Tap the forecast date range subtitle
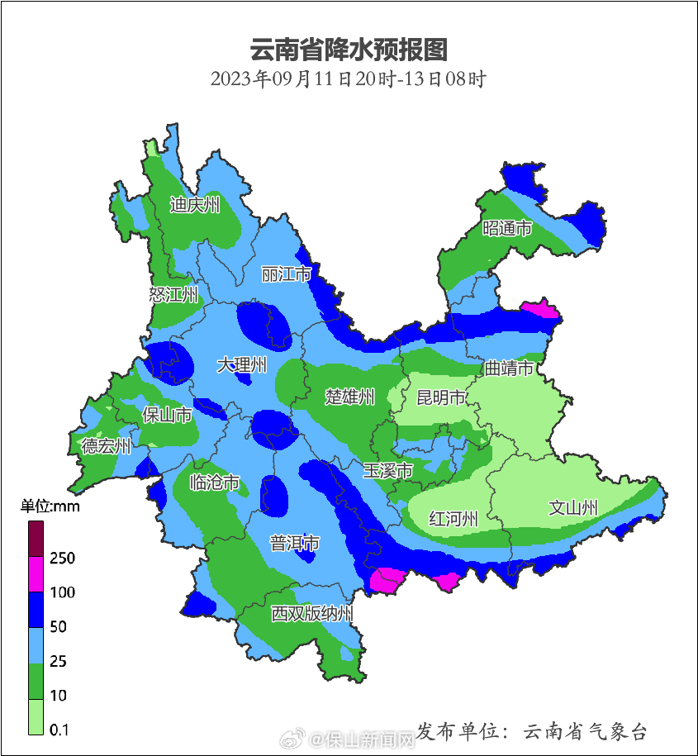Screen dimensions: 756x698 click(348, 79)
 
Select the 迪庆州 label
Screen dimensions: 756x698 click(195, 205)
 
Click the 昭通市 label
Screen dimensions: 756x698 click(507, 228)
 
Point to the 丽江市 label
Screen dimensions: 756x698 click(286, 273)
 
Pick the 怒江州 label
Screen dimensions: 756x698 click(173, 295)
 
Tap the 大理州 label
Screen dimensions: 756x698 click(242, 364)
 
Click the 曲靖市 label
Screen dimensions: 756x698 click(508, 368)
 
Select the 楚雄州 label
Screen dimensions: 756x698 click(349, 397)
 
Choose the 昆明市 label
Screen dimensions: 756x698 click(440, 398)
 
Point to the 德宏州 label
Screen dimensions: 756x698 click(106, 446)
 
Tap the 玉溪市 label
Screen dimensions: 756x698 click(387, 471)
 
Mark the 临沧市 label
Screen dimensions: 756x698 click(215, 483)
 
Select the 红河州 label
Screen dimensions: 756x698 click(453, 519)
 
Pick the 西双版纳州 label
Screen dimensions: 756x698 click(312, 614)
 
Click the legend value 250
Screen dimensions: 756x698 click(63, 559)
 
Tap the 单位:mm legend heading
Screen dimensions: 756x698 click(50, 506)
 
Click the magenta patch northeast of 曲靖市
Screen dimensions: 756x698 click(541, 309)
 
